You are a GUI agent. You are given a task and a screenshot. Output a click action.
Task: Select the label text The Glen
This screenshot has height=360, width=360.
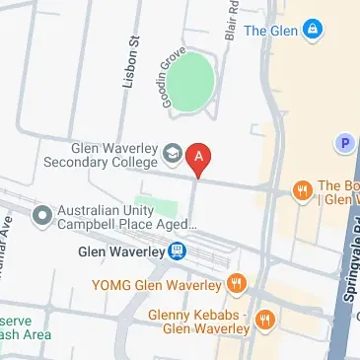(270, 31)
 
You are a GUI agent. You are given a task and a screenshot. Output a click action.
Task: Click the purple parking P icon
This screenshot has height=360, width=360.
(345, 144)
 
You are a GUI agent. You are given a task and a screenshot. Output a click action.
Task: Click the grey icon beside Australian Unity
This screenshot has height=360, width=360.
(41, 214)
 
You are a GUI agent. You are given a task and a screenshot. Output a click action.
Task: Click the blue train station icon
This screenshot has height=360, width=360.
(177, 251)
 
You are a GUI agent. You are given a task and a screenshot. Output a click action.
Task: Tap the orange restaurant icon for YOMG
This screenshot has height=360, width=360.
(236, 285)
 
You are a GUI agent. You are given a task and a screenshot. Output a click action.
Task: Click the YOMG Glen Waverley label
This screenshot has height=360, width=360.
(156, 285)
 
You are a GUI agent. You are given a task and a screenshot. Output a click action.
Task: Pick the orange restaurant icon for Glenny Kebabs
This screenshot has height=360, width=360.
(263, 320)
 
